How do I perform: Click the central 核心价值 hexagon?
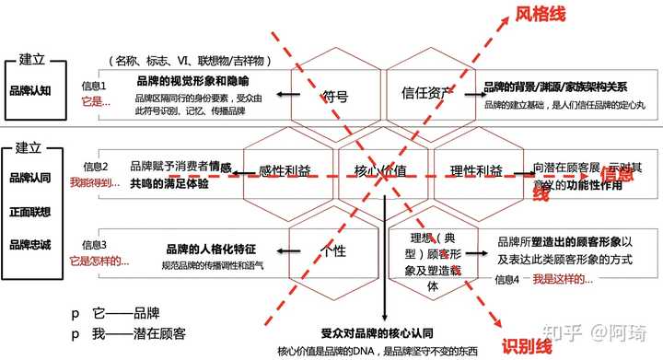point(380,171)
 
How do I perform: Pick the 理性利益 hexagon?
point(476,171)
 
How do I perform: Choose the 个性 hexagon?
point(332,250)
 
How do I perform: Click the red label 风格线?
point(541,16)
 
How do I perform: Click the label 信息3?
point(96,245)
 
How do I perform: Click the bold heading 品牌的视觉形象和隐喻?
point(192,82)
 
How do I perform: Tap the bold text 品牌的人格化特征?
point(210,249)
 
